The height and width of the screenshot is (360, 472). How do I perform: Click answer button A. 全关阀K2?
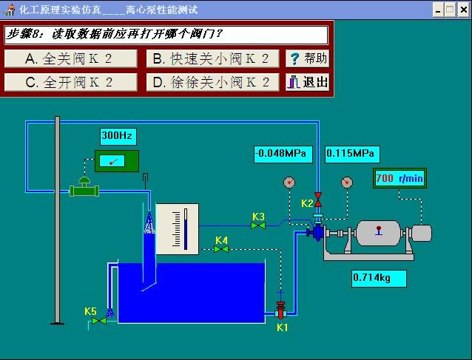71,59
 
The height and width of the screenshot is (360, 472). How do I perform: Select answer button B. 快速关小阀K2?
212,59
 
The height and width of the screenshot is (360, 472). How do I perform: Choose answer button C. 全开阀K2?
71,82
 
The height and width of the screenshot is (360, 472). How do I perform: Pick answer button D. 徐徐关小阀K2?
212,82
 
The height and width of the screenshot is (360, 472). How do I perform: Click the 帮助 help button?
307,59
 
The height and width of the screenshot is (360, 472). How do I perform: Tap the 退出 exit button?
307,82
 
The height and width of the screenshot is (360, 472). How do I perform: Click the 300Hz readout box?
118,136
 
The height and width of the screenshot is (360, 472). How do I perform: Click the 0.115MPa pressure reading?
351,154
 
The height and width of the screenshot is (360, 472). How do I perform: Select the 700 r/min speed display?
399,178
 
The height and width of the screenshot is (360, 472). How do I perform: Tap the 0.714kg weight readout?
380,278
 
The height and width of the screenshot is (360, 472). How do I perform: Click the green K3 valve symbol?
258,225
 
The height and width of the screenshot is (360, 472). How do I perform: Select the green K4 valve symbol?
221,249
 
